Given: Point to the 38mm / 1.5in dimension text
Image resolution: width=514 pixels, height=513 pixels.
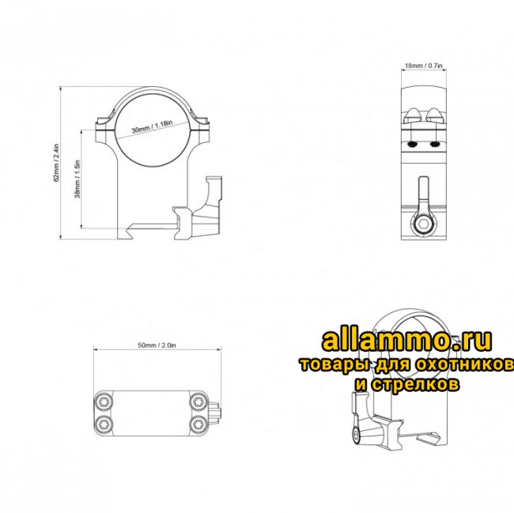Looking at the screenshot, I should pos(77,180).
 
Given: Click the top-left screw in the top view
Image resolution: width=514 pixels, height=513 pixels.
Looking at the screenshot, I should pos(104,402).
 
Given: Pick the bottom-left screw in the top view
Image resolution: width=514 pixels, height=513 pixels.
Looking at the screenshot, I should pos(104,426).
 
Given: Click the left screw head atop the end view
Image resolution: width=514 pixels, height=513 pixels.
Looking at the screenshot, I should pos(411,116).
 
